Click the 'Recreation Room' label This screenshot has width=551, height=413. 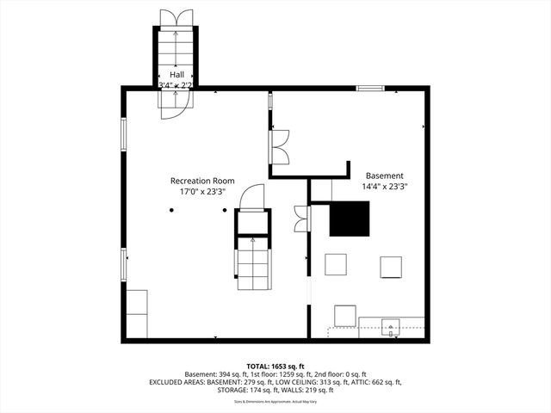[202, 181]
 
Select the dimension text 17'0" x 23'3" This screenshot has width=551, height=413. [202, 193]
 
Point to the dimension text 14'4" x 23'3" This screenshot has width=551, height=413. [384, 185]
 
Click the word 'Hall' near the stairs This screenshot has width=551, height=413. [176, 74]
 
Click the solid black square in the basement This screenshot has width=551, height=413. [350, 219]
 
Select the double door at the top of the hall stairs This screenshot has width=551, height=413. [176, 19]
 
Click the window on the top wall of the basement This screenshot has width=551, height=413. [371, 87]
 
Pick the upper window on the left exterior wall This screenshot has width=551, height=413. [124, 134]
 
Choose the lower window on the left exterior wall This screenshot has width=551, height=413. [124, 262]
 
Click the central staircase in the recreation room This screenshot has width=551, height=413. [252, 258]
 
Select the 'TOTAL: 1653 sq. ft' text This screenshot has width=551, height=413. [275, 366]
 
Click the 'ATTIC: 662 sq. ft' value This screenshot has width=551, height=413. [373, 382]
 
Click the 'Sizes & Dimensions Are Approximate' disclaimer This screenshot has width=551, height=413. [275, 401]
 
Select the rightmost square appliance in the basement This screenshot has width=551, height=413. [392, 267]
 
